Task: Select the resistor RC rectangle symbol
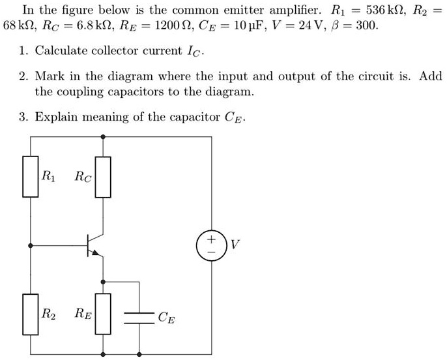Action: pyautogui.click(x=103, y=176)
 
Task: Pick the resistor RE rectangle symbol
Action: pyautogui.click(x=103, y=314)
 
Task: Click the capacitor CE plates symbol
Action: pyautogui.click(x=138, y=318)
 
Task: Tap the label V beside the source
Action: pyautogui.click(x=235, y=245)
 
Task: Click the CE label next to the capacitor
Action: pyautogui.click(x=165, y=318)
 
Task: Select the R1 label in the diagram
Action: pyautogui.click(x=48, y=175)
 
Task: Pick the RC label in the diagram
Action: pyautogui.click(x=83, y=175)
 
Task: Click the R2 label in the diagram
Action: pyautogui.click(x=48, y=313)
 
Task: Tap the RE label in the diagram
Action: pyautogui.click(x=83, y=314)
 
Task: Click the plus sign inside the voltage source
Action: pyautogui.click(x=211, y=239)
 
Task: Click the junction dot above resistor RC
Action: pyautogui.click(x=103, y=137)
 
